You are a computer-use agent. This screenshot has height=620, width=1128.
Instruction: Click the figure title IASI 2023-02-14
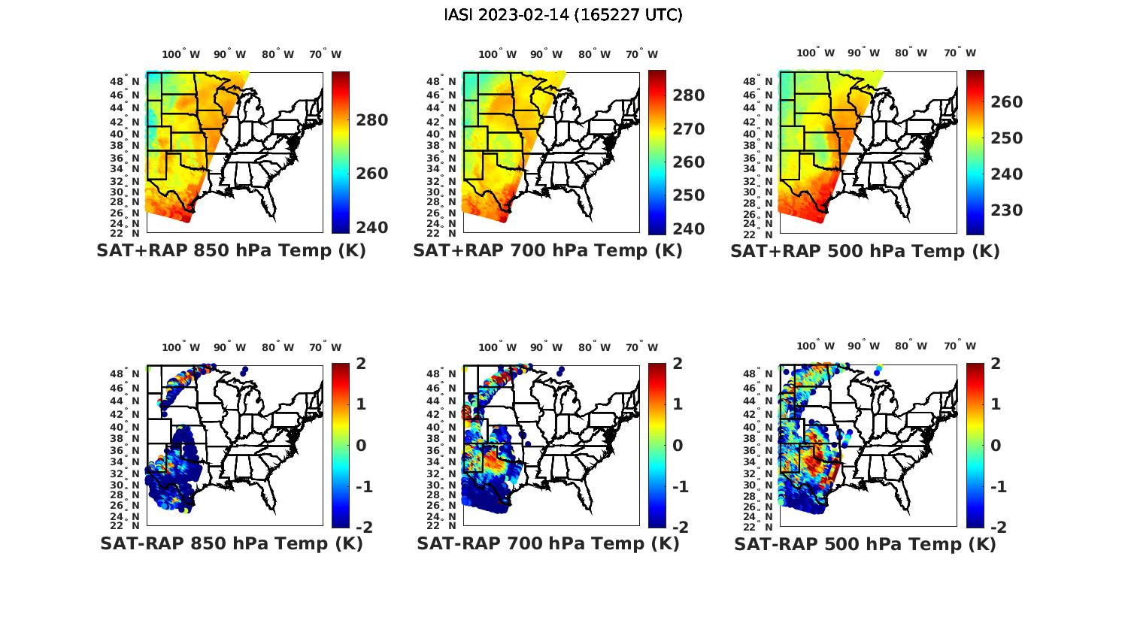coord(563,15)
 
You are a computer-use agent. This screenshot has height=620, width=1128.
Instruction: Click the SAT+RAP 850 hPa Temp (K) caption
coord(231,251)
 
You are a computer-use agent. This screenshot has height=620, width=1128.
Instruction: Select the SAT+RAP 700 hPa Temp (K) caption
coord(547,251)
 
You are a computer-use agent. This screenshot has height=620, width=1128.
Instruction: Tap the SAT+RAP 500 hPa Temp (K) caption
coord(865,252)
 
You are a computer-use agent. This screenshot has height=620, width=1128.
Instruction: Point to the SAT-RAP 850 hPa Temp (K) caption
coord(231,544)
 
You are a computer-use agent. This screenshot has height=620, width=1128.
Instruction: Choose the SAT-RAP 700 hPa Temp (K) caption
coord(548,544)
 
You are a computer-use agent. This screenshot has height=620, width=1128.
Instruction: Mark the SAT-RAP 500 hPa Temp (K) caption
coord(865,545)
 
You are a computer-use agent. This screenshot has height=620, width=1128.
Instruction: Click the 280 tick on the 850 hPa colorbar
coord(371,120)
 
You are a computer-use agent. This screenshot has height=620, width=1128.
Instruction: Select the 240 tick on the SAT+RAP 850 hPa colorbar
coord(371,228)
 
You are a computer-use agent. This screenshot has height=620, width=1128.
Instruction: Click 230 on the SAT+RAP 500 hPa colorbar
coord(1006,210)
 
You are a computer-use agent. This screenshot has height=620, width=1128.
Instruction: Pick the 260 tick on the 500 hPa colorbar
coord(1006,102)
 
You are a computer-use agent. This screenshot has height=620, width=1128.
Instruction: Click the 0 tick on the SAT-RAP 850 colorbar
coord(361,446)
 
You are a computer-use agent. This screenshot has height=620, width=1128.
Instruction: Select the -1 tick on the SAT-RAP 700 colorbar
coord(680,487)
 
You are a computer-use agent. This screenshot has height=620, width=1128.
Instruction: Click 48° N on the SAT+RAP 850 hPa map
coord(125,81)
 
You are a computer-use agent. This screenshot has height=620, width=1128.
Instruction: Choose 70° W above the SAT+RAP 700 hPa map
coord(641,54)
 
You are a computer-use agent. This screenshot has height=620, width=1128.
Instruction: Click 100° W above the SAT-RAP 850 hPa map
coord(180,347)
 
